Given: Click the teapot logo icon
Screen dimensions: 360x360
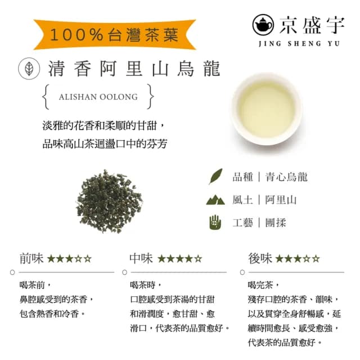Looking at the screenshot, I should click(263, 24).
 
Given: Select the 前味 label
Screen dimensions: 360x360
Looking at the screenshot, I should click(30, 258).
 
